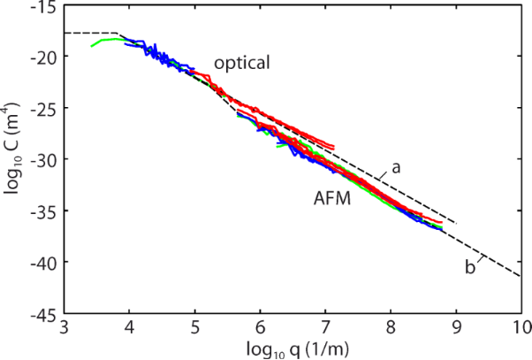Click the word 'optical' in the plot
tap(241, 64)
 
